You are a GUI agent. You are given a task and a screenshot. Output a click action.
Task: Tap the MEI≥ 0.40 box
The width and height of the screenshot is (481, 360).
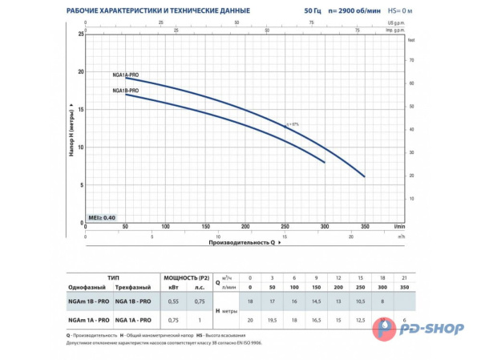[x=103, y=218]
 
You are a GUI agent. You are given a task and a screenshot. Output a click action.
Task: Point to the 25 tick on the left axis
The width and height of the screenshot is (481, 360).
[x=80, y=34]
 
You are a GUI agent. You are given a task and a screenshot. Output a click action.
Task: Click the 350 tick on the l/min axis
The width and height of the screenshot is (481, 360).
[x=364, y=227]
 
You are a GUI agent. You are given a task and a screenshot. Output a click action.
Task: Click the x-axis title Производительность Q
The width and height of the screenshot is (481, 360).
[x=241, y=241]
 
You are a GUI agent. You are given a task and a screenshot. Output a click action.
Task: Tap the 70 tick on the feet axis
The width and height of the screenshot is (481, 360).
[x=411, y=60]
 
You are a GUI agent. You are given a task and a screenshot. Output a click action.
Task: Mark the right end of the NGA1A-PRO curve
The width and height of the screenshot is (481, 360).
[x=364, y=176]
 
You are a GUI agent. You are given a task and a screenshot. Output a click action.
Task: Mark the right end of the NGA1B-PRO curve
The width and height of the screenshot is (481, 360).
[x=325, y=162]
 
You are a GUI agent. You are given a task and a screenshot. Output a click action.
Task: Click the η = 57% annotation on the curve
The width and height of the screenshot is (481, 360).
[x=292, y=124]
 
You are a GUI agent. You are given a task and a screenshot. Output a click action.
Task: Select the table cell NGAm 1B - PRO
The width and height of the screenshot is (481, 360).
[x=90, y=301]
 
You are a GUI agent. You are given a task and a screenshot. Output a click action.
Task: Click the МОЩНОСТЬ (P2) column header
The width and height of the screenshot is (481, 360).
[x=186, y=277]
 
